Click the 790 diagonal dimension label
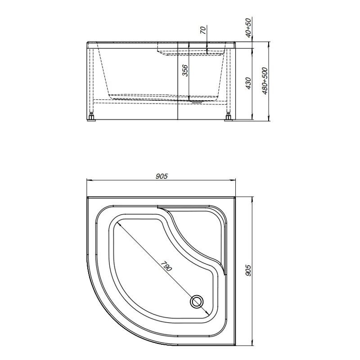[x=166, y=266]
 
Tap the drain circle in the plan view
[x=197, y=301]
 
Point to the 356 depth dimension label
[x=185, y=71]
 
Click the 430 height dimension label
[x=248, y=84]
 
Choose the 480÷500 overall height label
[x=265, y=81]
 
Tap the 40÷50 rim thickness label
[x=248, y=27]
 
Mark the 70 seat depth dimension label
[x=203, y=30]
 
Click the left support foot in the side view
[x=92, y=117]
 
